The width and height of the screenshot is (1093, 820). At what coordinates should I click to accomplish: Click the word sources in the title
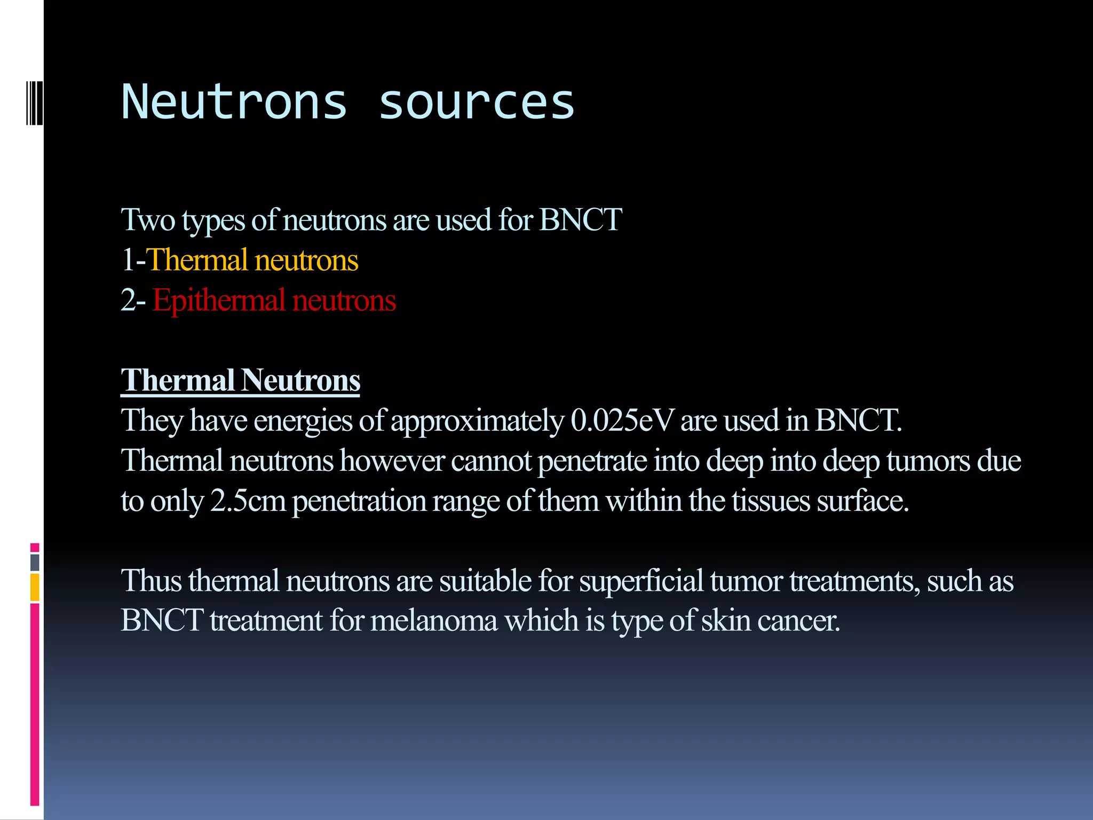(476, 102)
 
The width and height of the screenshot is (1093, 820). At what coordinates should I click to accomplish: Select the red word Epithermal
(219, 300)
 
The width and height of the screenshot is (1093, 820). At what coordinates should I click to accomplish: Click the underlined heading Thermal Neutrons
(240, 380)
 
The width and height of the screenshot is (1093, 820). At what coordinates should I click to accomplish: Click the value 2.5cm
(248, 501)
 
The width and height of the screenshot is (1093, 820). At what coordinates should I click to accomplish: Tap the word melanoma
(433, 620)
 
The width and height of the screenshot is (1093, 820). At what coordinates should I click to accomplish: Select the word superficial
(641, 580)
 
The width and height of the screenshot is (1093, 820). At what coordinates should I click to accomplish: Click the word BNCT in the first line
(580, 219)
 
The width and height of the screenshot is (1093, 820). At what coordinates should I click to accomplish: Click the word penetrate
(592, 461)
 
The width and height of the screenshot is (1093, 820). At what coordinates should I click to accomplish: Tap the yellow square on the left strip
(35, 587)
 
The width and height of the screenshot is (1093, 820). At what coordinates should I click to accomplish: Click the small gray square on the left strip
(35, 562)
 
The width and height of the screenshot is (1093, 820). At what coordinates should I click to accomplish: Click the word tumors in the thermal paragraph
(928, 461)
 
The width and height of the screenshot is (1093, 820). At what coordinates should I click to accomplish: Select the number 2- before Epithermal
(133, 300)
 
